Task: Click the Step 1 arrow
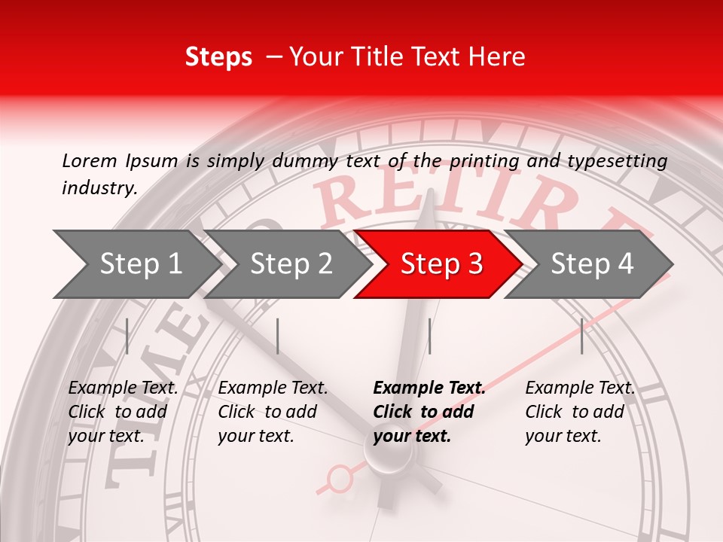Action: (x=136, y=264)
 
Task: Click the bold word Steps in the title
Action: (x=218, y=57)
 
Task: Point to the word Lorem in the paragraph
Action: (x=90, y=160)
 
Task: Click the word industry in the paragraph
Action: (x=99, y=188)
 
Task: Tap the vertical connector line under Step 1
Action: (x=127, y=336)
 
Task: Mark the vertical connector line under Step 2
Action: (x=278, y=336)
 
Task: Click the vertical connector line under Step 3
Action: (x=430, y=336)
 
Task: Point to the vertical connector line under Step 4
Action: (x=582, y=336)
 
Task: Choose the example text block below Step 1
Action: (x=123, y=412)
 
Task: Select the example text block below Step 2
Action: (x=273, y=412)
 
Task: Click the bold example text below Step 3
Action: (x=429, y=412)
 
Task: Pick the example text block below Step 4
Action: (x=579, y=412)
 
